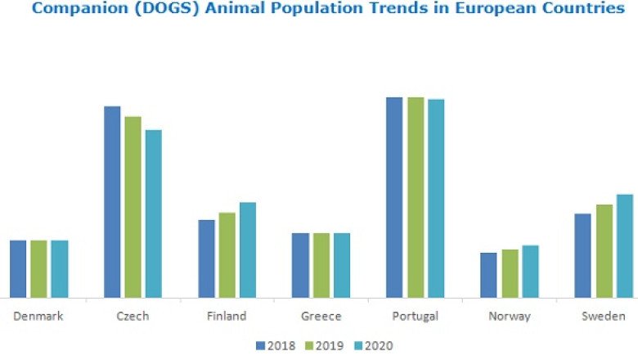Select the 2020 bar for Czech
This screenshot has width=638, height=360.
tap(154, 214)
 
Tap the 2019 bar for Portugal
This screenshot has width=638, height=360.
tap(416, 197)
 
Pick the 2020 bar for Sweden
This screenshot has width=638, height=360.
tap(625, 245)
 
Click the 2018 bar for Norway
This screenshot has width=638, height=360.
tap(488, 275)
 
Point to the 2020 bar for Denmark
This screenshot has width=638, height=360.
tap(60, 268)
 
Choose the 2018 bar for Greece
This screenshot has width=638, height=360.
tap(300, 265)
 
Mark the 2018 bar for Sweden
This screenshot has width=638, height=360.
tap(582, 255)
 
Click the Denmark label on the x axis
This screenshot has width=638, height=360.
tap(38, 316)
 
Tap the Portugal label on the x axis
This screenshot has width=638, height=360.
tap(416, 316)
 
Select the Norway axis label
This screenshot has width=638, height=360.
tap(509, 316)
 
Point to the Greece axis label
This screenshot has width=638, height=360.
tap(321, 316)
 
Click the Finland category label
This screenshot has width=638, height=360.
tap(227, 316)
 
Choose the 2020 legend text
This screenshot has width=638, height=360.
tap(380, 345)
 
